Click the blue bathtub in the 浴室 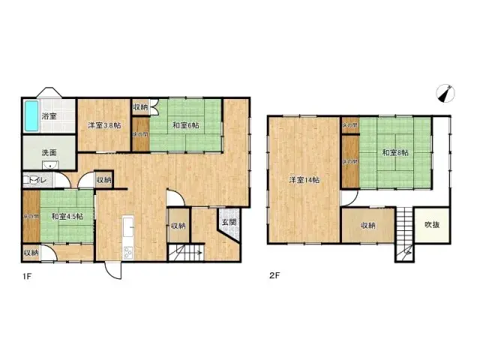click(31, 115)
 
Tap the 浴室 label click(50, 116)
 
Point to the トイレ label click(36, 180)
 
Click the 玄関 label click(229, 223)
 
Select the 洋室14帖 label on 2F click(305, 180)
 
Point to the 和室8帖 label click(394, 152)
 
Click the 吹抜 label click(433, 224)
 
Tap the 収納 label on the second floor click(367, 224)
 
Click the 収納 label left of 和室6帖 click(141, 107)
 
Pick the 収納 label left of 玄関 click(177, 226)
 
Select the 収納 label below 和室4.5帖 click(30, 253)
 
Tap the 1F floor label click(27, 275)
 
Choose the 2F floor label click(274, 275)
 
